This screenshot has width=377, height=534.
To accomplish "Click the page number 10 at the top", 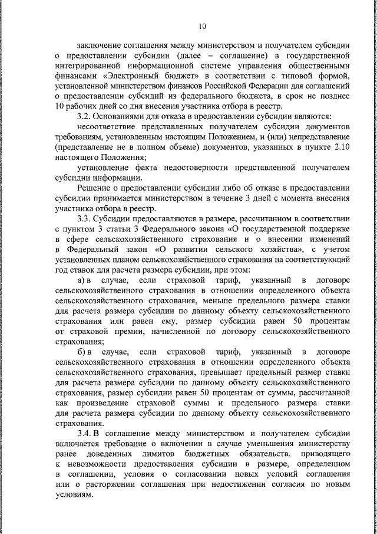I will click(x=202, y=27).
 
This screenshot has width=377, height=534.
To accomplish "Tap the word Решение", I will click(x=93, y=188).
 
